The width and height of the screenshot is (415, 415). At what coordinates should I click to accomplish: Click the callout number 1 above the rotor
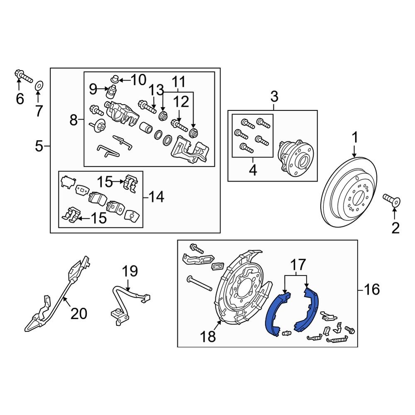(355, 137)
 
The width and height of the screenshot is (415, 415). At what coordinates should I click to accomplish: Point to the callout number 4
(253, 170)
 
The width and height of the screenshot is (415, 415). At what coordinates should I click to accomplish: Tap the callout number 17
(298, 264)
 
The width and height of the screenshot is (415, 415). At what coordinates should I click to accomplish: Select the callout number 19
(129, 272)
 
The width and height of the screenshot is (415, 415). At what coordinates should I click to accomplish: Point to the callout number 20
(78, 313)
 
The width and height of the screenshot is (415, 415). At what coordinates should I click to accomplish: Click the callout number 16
(372, 289)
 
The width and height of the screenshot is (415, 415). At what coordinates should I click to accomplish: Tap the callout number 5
(39, 146)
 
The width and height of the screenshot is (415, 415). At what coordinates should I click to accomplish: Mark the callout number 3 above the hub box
(274, 98)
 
